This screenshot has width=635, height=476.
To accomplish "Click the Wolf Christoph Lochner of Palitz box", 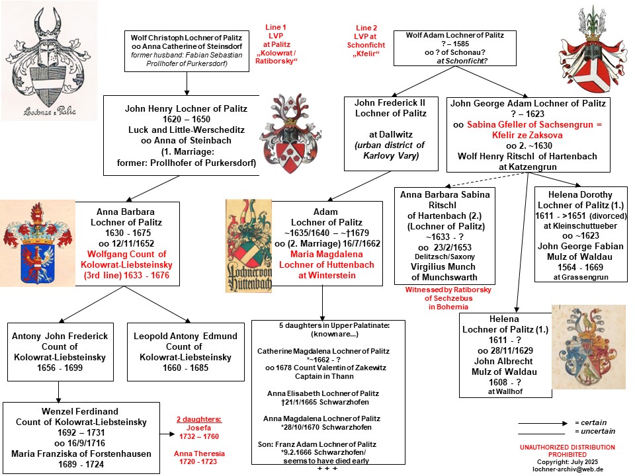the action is click(x=187, y=52).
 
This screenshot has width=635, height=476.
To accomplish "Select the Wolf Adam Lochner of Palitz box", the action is click(x=455, y=48).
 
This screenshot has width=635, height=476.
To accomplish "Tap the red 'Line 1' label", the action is click(x=276, y=28).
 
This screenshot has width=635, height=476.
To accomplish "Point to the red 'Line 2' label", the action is click(x=366, y=28).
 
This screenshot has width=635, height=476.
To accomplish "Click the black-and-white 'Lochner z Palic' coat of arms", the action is click(x=50, y=61).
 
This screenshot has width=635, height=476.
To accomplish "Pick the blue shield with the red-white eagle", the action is click(x=37, y=243).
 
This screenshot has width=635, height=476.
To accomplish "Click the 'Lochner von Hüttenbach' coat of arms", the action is click(x=249, y=245).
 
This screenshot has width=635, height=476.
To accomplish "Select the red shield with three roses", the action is click(x=290, y=134).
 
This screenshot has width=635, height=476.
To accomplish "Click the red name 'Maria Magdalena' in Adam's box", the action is click(x=326, y=254).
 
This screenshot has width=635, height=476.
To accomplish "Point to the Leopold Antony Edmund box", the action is click(x=186, y=352).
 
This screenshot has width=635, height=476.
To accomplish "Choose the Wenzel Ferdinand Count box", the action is click(x=81, y=438).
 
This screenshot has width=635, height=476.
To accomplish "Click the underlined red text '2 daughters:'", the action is click(x=199, y=419).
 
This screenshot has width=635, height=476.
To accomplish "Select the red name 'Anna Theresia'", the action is click(x=199, y=454).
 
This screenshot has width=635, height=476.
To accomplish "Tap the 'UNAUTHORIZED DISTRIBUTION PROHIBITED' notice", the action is click(x=568, y=451).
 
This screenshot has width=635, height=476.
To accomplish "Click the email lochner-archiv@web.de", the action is click(x=568, y=469).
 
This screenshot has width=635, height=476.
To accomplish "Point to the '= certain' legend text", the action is click(x=591, y=422).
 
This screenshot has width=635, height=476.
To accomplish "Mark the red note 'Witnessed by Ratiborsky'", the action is click(x=448, y=290).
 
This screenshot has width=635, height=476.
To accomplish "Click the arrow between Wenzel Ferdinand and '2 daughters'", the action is click(x=167, y=434).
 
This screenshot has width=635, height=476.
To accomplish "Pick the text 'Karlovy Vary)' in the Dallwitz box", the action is click(x=391, y=156).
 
